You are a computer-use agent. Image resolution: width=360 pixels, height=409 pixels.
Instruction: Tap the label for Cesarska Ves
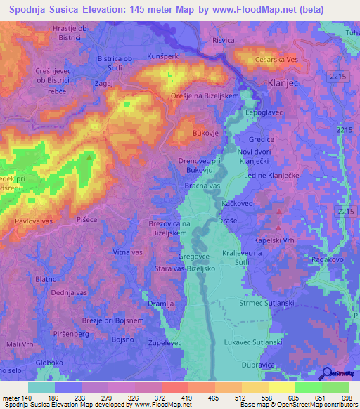pyautogui.click(x=277, y=60)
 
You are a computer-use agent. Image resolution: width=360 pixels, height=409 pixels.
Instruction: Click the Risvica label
pyautogui.click(x=223, y=41)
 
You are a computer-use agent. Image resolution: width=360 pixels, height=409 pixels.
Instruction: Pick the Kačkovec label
pyautogui.click(x=237, y=202)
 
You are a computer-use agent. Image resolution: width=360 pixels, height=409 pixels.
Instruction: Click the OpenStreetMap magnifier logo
pyautogui.click(x=326, y=375)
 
